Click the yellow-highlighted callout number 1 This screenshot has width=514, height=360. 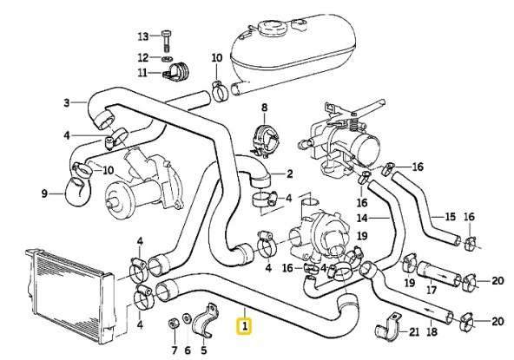pos(246,327)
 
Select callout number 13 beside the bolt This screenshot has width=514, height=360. pos(144,36)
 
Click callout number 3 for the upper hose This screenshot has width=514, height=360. pos(66,104)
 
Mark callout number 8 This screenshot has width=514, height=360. pos(265,108)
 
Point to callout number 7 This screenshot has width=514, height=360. pos(173,350)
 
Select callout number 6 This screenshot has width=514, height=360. pos(188,350)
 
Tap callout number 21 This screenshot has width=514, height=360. pos(414,332)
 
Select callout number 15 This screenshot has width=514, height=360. pos(450,216)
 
